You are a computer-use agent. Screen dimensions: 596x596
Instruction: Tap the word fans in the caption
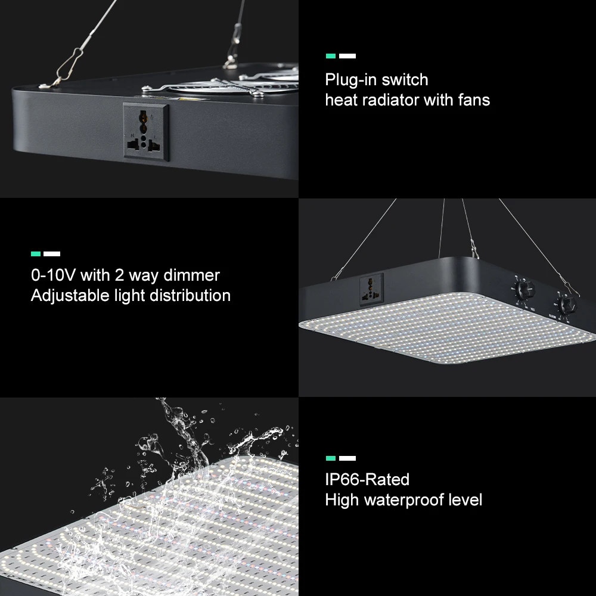474,100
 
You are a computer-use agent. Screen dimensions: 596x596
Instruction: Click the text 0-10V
53,275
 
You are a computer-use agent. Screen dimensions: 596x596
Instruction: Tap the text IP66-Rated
367,479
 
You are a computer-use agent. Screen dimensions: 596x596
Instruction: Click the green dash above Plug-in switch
331,56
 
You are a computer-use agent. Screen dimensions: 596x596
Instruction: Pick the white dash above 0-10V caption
52,254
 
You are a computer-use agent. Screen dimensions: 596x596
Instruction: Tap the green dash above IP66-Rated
331,458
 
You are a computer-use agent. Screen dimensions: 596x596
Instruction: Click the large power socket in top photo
146,132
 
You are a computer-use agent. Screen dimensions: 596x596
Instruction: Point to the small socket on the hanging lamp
371,289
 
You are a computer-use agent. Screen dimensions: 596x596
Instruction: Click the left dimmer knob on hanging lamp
525,291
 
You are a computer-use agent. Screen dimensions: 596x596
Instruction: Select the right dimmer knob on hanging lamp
567,304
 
